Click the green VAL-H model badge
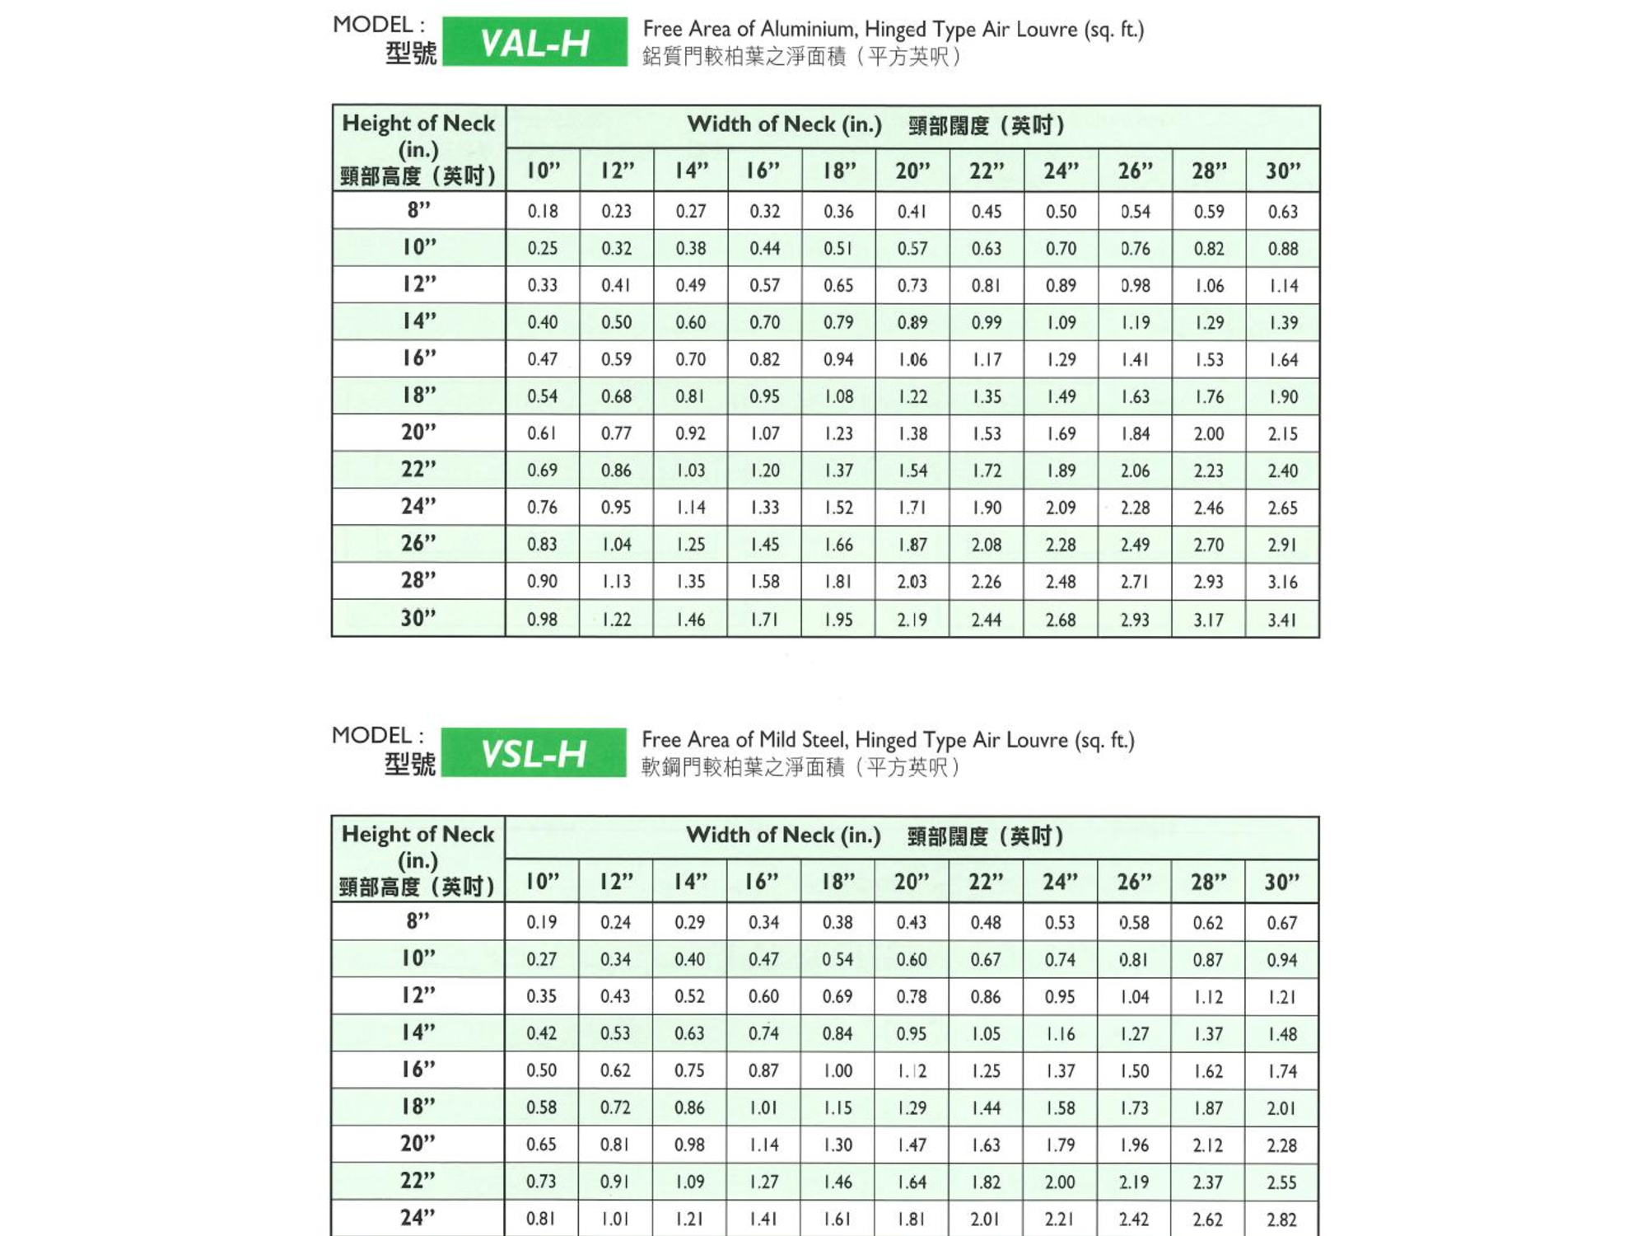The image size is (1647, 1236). pos(534,42)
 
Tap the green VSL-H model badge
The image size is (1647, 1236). pos(534,753)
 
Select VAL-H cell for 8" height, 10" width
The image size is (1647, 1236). pos(543,212)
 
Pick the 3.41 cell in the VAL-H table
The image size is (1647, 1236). pos(1282,620)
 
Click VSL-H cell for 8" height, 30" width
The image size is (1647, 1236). pos(1281,923)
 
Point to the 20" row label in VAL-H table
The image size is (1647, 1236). pos(418,433)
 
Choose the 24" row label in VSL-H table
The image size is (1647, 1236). pos(418,1218)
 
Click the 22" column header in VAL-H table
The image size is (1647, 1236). pos(987,171)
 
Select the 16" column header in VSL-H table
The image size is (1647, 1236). pos(763,883)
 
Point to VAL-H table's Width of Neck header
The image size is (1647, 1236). pos(784,125)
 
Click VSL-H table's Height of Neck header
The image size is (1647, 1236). pos(418,835)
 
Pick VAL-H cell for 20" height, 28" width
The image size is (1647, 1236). pos(1208,433)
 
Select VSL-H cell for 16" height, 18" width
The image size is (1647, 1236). pos(837,1070)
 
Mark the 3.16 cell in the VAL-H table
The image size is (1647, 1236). pos(1282,582)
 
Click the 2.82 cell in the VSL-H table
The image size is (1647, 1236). pos(1281,1219)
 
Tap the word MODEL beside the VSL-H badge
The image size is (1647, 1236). pos(371,736)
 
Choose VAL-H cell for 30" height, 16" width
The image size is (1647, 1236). pos(764,620)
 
